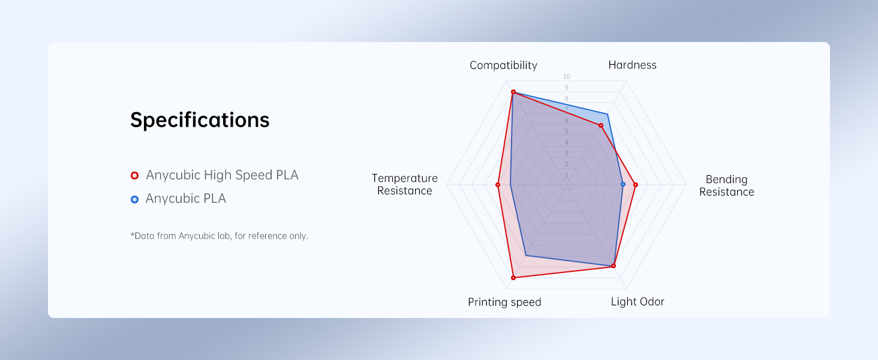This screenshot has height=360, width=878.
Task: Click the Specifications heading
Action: pyautogui.click(x=200, y=120)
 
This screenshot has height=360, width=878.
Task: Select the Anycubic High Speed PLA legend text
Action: pyautogui.click(x=222, y=175)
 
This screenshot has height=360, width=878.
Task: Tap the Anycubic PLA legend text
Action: pyautogui.click(x=186, y=199)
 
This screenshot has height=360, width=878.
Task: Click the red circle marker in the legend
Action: pyautogui.click(x=134, y=176)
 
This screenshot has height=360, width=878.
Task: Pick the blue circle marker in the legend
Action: pyautogui.click(x=134, y=199)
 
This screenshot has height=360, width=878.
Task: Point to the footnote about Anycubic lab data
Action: pyautogui.click(x=219, y=236)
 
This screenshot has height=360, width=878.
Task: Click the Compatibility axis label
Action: pyautogui.click(x=503, y=65)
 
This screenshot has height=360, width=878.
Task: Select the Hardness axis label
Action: pyautogui.click(x=632, y=65)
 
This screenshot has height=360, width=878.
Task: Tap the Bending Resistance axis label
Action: pyautogui.click(x=726, y=185)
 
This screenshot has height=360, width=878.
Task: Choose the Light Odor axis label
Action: pyautogui.click(x=638, y=302)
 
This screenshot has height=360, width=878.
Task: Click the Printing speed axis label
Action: pyautogui.click(x=504, y=302)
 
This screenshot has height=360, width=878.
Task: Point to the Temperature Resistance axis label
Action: pyautogui.click(x=405, y=184)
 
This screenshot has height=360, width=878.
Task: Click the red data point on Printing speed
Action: pyautogui.click(x=513, y=277)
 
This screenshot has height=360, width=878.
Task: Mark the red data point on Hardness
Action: pyautogui.click(x=600, y=125)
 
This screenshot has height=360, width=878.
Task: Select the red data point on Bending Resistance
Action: pyautogui.click(x=635, y=185)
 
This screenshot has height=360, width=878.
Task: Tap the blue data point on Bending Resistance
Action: pyautogui.click(x=623, y=184)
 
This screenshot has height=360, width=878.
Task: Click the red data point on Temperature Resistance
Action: pyautogui.click(x=498, y=185)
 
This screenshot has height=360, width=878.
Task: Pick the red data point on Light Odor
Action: pyautogui.click(x=614, y=266)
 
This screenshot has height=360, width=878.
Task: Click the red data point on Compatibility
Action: pyautogui.click(x=513, y=92)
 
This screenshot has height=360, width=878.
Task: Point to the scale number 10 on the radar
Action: pyautogui.click(x=567, y=77)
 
